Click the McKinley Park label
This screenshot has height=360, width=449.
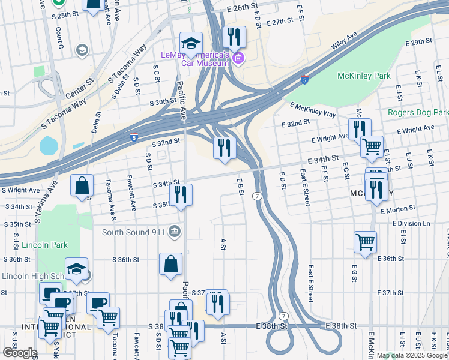pyautogui.click(x=363, y=76)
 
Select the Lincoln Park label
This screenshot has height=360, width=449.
pyautogui.click(x=44, y=245)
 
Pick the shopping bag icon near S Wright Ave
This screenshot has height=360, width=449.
pyautogui.click(x=82, y=185)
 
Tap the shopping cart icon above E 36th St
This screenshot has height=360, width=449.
pyautogui.click(x=365, y=242)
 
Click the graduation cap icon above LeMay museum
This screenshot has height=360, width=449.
pyautogui.click(x=191, y=43)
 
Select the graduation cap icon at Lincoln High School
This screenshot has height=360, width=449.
pyautogui.click(x=76, y=269)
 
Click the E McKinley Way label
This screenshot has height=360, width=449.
pyautogui.click(x=312, y=109)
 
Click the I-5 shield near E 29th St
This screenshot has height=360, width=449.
pyautogui.click(x=305, y=79)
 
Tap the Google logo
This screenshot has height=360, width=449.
pyautogui.click(x=20, y=353)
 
